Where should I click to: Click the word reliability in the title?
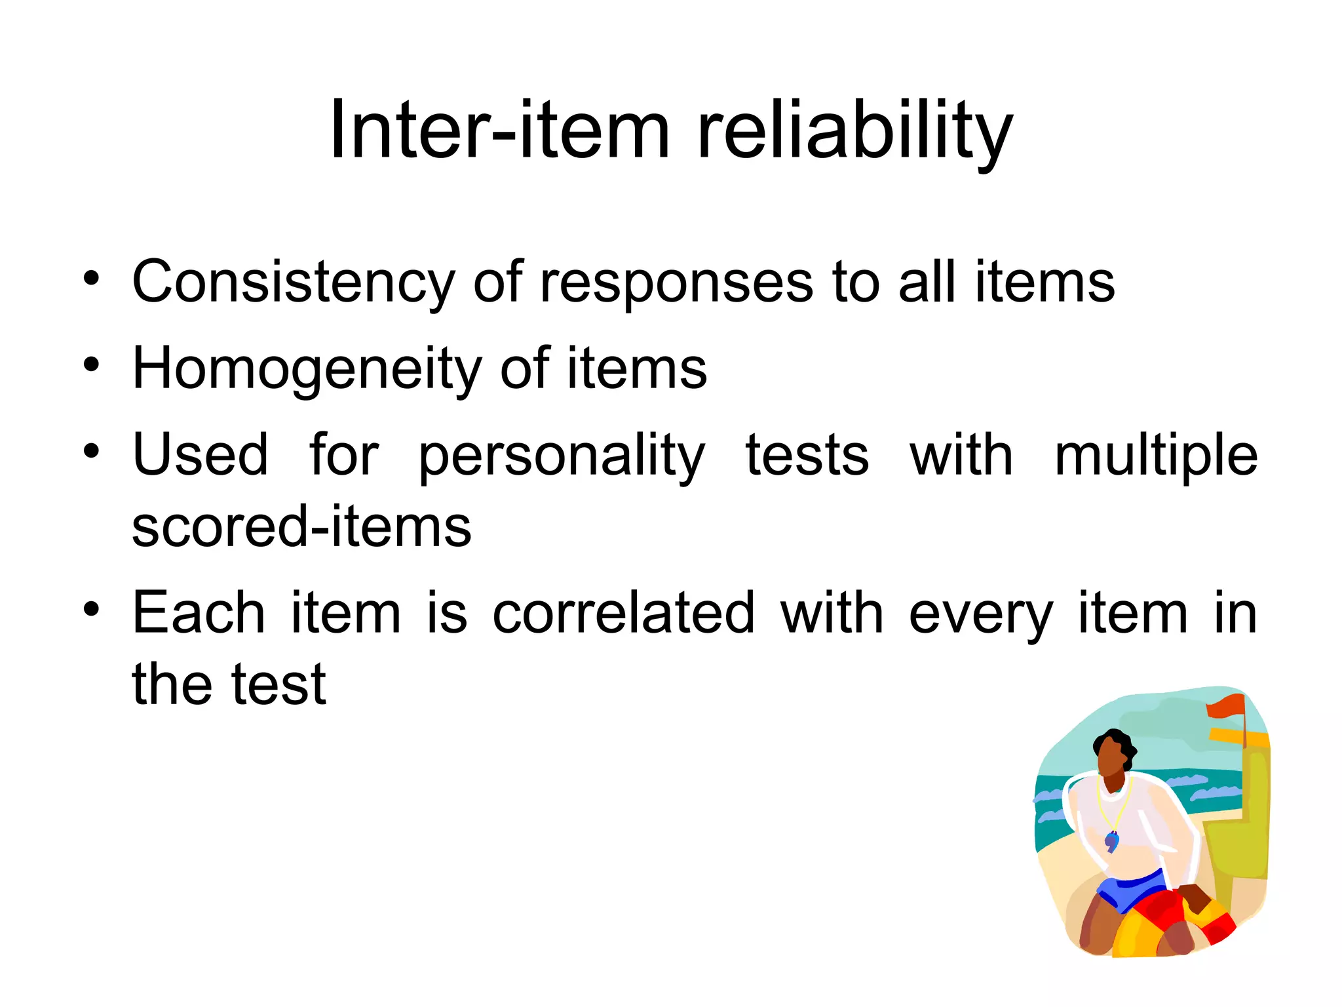[x=854, y=131]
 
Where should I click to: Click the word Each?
[x=199, y=613]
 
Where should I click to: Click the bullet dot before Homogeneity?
[x=91, y=365]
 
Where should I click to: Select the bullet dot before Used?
[x=91, y=451]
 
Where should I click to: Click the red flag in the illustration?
[x=1225, y=706]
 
